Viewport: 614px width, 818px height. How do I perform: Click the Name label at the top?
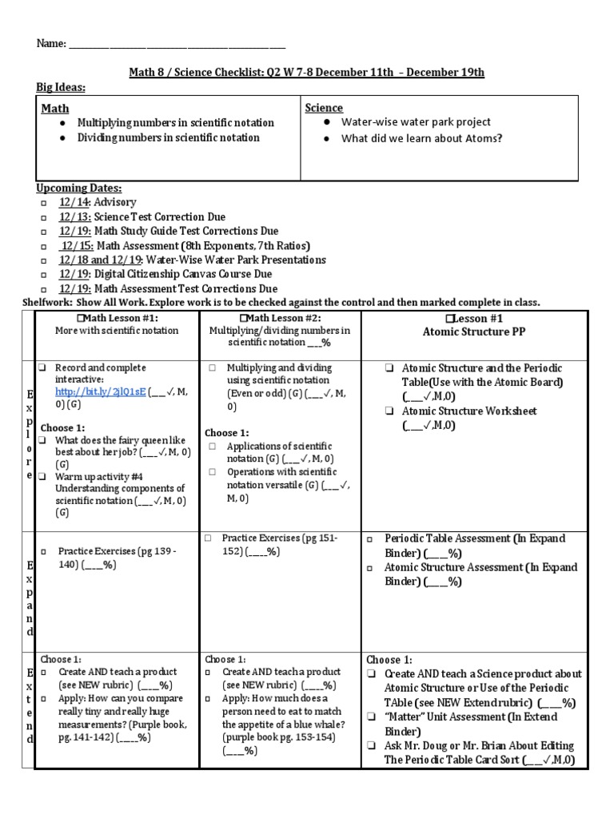pos(50,44)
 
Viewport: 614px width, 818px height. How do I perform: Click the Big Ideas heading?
pos(61,87)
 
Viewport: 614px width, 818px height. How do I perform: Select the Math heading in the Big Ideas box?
pos(55,109)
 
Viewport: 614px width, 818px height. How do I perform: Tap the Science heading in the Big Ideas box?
pos(324,108)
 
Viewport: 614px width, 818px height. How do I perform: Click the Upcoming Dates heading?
pos(79,188)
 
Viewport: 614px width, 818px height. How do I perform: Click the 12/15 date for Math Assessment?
pos(77,245)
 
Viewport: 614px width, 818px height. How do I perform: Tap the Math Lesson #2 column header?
pos(280,318)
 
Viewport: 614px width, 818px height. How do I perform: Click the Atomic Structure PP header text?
pos(474,330)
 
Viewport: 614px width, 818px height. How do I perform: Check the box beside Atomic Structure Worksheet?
pos(389,411)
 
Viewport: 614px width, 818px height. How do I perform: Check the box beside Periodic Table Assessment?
pos(370,540)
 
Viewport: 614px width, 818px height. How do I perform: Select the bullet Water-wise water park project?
pos(416,122)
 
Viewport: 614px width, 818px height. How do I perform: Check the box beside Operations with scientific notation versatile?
pos(213,472)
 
